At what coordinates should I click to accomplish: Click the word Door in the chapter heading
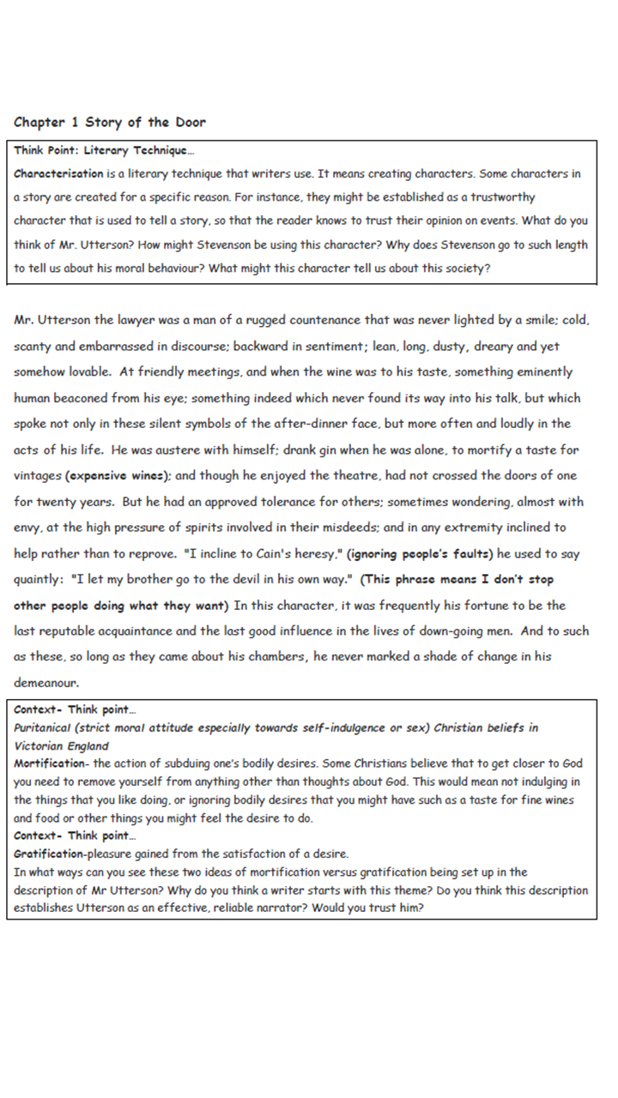188,122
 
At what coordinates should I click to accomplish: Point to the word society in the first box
463,268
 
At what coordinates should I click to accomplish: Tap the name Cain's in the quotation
274,552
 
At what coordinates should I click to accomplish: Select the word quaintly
39,579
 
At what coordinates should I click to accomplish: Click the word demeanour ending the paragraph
46,683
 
